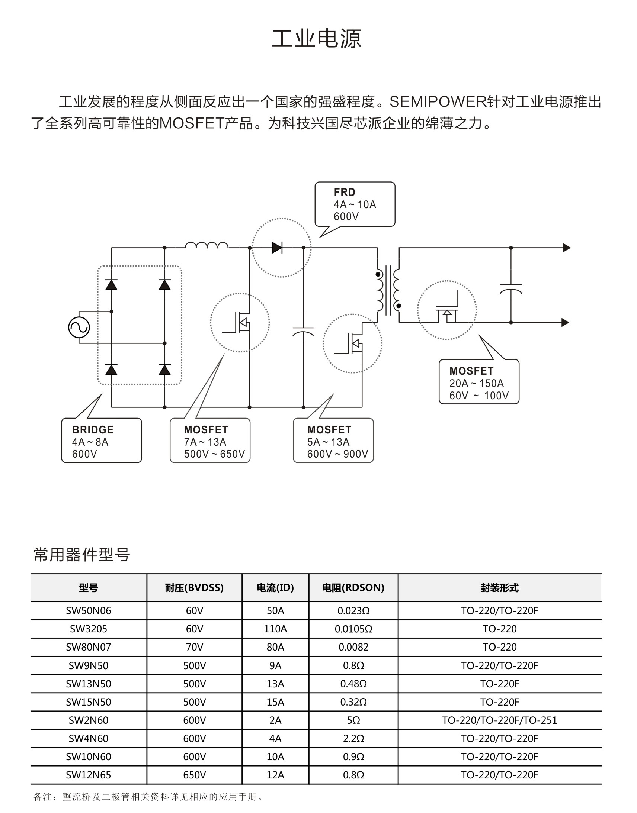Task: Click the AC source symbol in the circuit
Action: pos(79,327)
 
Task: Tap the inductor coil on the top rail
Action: pos(207,245)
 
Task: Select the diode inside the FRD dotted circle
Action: pos(277,248)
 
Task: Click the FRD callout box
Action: pos(355,204)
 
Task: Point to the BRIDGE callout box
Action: pos(102,441)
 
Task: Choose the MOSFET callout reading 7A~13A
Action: pos(210,441)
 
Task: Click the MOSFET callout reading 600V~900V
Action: pos(333,441)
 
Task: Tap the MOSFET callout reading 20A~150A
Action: pos(479,381)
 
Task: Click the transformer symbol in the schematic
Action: pos(388,290)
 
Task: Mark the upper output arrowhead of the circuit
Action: pos(566,248)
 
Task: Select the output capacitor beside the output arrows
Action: pos(510,289)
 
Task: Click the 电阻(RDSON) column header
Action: pos(353,588)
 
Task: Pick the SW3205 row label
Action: pos(89,629)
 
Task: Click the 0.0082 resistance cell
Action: pos(353,647)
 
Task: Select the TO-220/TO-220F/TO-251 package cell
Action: pos(499,720)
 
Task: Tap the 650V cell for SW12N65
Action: pos(194,775)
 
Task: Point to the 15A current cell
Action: pos(275,702)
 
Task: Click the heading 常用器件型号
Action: pos(82,554)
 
